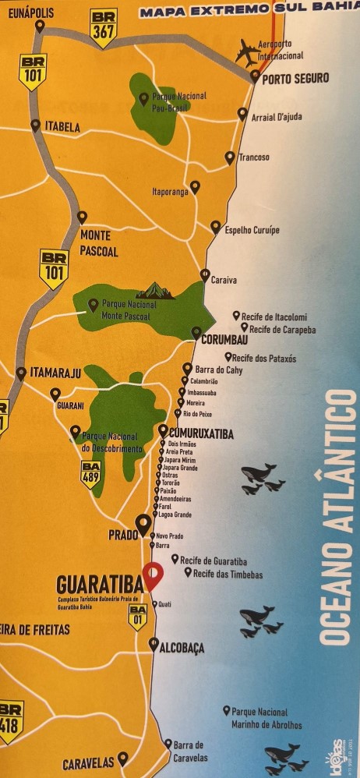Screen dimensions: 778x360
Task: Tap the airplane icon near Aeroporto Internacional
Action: click(x=249, y=52)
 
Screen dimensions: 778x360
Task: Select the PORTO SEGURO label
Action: click(x=295, y=78)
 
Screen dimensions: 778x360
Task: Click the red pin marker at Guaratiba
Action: click(x=154, y=575)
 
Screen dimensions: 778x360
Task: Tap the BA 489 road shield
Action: click(x=91, y=474)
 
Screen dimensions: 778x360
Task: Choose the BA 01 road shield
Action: click(x=138, y=616)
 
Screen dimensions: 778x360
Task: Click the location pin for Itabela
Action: click(x=35, y=125)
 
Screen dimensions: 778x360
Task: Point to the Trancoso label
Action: click(x=254, y=157)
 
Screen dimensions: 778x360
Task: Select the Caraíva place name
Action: click(x=224, y=280)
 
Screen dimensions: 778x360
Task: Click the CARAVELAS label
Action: click(x=88, y=762)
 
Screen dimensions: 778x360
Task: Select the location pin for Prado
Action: click(x=143, y=524)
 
